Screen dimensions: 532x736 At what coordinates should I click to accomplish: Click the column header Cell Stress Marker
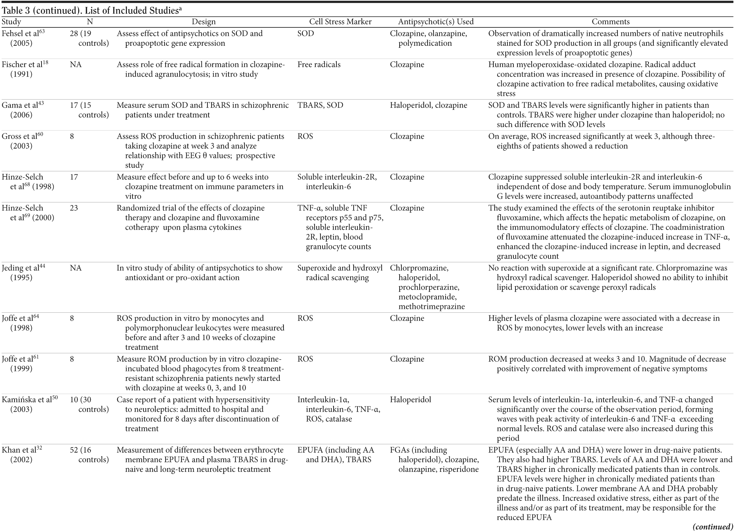[x=340, y=22]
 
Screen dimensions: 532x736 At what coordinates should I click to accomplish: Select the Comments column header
[x=610, y=22]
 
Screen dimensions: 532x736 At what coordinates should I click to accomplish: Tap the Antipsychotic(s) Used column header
[x=435, y=22]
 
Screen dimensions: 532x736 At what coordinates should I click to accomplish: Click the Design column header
[x=203, y=22]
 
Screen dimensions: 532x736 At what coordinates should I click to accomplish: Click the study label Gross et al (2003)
[x=22, y=141]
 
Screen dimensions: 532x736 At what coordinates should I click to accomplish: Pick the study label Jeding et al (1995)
[x=23, y=273]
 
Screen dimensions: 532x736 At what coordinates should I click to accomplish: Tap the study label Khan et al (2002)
[x=22, y=454]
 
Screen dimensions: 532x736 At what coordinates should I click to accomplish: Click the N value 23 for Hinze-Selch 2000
[x=74, y=208]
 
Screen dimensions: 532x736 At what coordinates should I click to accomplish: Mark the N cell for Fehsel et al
[x=89, y=38]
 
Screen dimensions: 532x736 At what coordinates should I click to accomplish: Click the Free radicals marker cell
[x=319, y=65]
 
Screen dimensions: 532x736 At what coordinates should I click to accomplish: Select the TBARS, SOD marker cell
[x=320, y=105]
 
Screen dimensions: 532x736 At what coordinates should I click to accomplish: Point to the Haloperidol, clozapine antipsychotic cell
[x=428, y=105]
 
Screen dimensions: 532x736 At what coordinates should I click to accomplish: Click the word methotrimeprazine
[x=431, y=306]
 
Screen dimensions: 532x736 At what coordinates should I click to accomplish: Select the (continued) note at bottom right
[x=713, y=527]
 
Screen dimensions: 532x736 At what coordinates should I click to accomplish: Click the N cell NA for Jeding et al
[x=76, y=268]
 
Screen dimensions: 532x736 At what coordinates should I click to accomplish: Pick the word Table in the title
[x=13, y=11]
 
